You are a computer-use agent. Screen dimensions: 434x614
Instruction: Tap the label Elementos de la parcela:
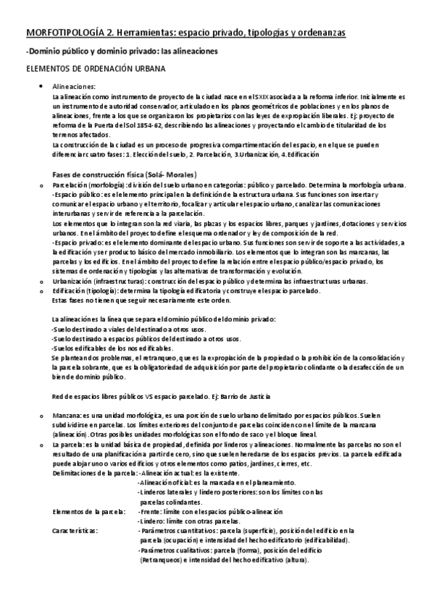click(88, 510)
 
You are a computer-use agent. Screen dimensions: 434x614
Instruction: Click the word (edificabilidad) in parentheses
click(325, 539)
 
